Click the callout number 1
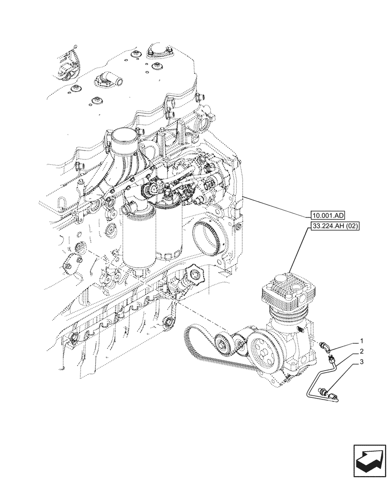[362, 342]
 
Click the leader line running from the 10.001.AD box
[273, 206]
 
